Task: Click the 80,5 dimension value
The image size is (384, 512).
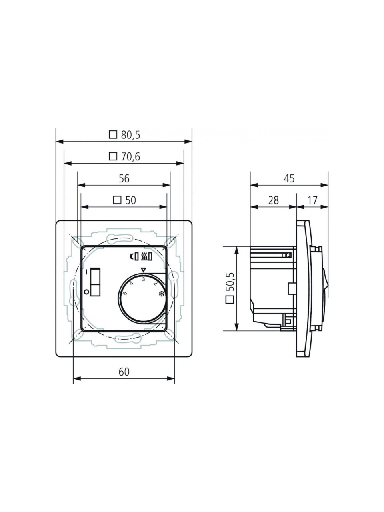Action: click(x=130, y=135)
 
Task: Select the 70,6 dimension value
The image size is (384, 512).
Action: click(x=130, y=157)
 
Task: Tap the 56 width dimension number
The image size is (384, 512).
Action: click(x=124, y=179)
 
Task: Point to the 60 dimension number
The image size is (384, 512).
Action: click(x=124, y=372)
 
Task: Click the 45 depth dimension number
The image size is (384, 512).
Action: click(x=289, y=179)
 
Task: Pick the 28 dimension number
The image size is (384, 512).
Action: click(x=274, y=200)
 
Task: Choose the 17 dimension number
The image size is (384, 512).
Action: click(x=313, y=200)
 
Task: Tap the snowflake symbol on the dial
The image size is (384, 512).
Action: click(x=161, y=294)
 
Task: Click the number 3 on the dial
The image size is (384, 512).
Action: click(x=144, y=280)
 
